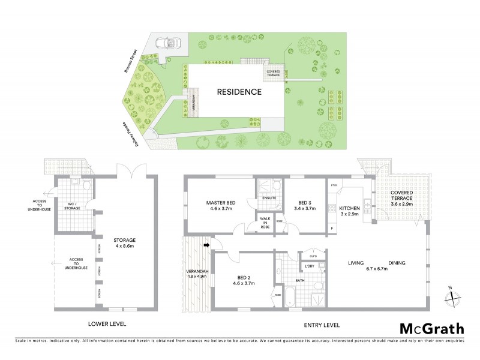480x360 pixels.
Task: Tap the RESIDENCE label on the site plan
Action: (x=239, y=92)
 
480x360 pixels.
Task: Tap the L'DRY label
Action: (x=310, y=266)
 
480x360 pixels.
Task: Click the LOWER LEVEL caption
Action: (x=107, y=325)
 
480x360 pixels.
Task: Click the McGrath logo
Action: (x=431, y=328)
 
